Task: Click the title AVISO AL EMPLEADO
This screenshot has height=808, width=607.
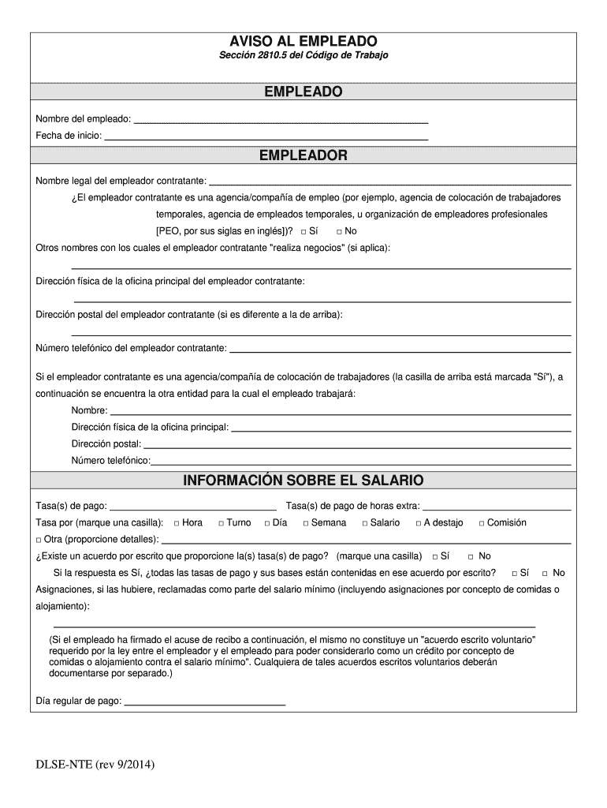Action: (303, 40)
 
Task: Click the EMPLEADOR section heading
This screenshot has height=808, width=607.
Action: (303, 155)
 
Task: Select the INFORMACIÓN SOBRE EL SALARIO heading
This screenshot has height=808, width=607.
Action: (303, 480)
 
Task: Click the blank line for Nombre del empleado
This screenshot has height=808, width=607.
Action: (281, 120)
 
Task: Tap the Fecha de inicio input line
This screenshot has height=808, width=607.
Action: (266, 137)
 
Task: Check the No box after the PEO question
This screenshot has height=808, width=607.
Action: (339, 232)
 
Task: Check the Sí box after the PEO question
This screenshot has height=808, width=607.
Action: (303, 232)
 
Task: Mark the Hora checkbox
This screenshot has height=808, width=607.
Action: (177, 523)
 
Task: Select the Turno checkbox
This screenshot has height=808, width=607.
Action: (222, 523)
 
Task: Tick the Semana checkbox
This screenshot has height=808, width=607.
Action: (306, 523)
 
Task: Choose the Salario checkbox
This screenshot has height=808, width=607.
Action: (365, 523)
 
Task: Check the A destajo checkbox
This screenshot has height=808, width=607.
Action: (419, 523)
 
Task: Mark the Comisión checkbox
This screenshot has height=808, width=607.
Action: (482, 523)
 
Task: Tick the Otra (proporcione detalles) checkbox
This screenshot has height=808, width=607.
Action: (39, 540)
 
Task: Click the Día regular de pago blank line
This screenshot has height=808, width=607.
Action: (204, 701)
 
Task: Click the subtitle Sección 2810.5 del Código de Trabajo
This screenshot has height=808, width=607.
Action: (303, 56)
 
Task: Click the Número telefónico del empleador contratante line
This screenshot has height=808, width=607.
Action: (400, 349)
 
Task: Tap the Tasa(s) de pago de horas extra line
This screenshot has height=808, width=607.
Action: (497, 507)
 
